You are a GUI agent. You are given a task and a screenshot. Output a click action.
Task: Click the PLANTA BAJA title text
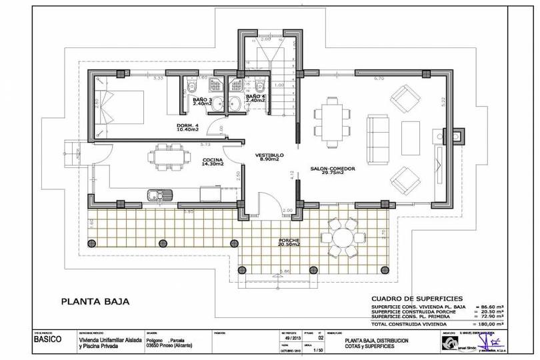click(x=95, y=301)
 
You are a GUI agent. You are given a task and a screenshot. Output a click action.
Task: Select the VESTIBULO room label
click(x=270, y=157)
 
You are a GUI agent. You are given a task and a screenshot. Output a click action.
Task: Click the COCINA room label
click(x=213, y=161)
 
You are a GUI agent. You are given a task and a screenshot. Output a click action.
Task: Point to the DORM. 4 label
click(x=189, y=127)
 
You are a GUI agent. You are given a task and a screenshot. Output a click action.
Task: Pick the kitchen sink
click(x=160, y=195)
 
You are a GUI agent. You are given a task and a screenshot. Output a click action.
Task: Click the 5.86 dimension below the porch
click(x=285, y=272)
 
